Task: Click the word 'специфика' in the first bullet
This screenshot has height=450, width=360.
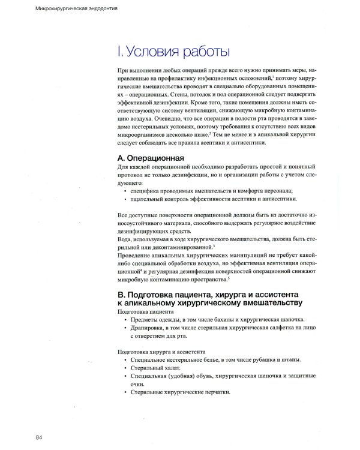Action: click(145, 190)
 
